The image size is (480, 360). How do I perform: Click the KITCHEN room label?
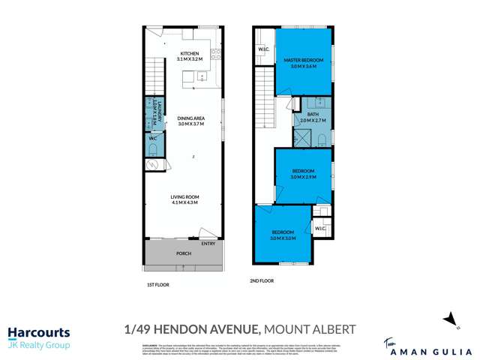[x=187, y=55]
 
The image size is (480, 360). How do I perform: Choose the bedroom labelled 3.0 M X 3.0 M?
[x=283, y=235]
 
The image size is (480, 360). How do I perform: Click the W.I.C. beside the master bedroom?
[x=264, y=51]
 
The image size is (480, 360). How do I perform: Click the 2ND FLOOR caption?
[x=262, y=281]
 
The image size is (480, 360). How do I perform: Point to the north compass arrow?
[x=450, y=318]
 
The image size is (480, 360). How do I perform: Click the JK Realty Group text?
[x=38, y=345]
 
